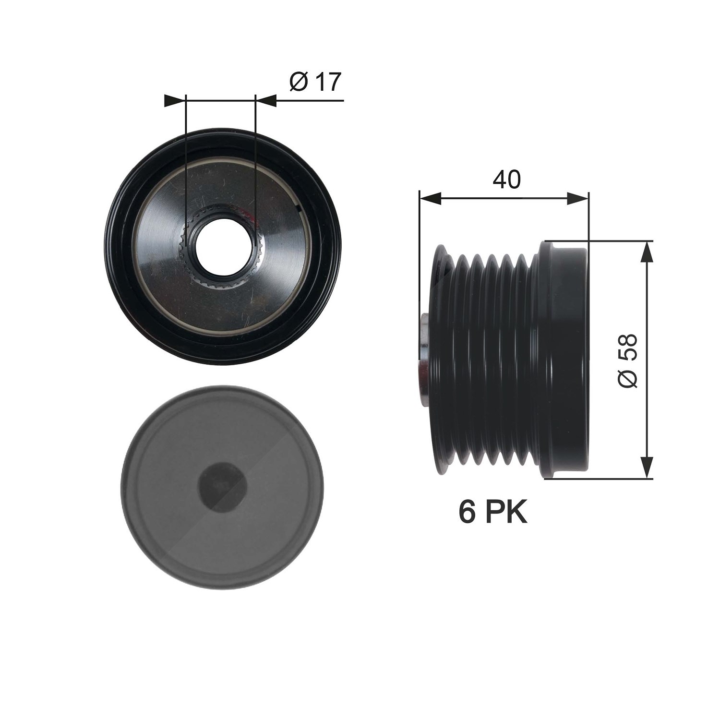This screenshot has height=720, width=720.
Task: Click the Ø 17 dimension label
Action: (314, 83)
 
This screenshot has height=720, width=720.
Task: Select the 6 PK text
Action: (493, 512)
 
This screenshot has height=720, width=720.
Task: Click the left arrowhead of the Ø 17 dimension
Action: (175, 101)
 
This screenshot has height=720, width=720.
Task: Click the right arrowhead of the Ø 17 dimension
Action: (266, 101)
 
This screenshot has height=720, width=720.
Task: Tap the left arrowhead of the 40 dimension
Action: (430, 198)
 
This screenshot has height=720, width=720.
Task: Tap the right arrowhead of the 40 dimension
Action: (577, 198)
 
